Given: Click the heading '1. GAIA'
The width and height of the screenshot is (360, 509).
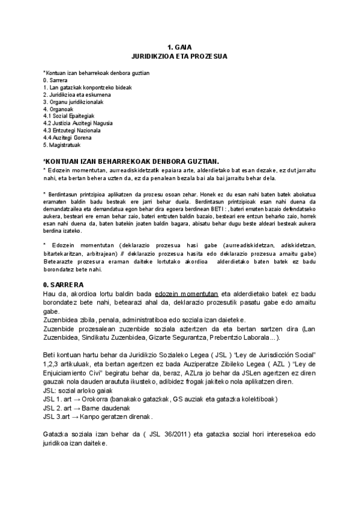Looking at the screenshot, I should [x=179, y=47].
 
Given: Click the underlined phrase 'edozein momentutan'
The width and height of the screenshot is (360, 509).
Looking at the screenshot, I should [x=186, y=293].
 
